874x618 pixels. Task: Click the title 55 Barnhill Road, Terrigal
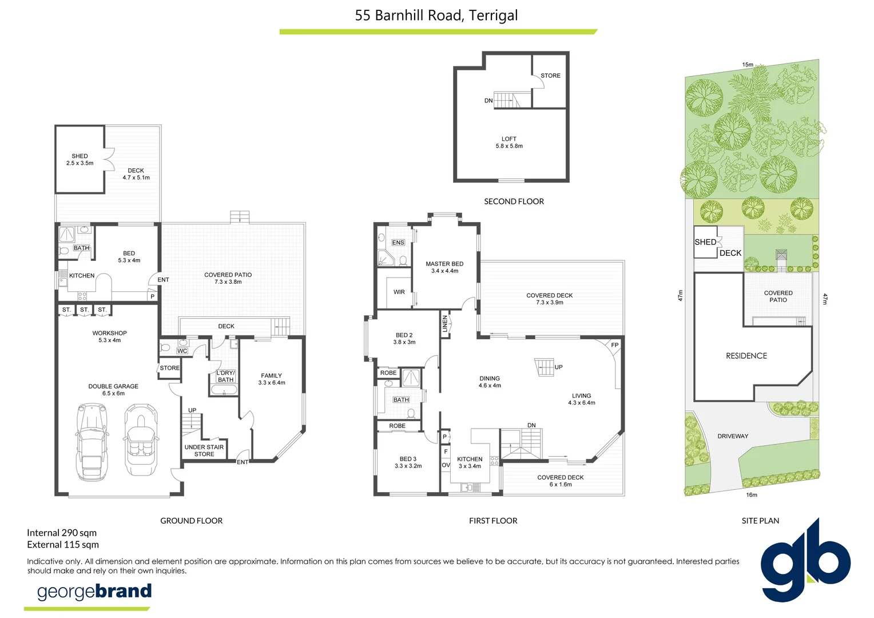click(436, 15)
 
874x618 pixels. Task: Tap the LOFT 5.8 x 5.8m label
click(509, 142)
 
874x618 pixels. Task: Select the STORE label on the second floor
click(550, 76)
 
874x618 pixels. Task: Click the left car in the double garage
click(91, 442)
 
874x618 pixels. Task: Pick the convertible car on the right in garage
click(138, 439)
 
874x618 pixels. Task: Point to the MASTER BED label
click(444, 267)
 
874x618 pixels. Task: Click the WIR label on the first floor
click(399, 292)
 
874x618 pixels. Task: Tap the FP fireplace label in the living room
click(615, 345)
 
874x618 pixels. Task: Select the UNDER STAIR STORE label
click(204, 451)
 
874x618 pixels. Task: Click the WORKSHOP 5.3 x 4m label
click(109, 336)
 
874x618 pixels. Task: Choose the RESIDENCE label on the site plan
click(746, 356)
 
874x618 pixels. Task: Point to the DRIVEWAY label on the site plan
click(733, 436)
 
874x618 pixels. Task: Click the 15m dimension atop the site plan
click(748, 65)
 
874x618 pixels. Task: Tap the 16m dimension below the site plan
click(752, 495)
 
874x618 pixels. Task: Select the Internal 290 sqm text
click(62, 533)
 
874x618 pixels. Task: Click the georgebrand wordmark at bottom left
click(94, 591)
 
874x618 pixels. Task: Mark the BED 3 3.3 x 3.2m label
click(408, 462)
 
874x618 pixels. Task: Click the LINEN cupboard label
click(445, 324)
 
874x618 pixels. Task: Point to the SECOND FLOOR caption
click(514, 201)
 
